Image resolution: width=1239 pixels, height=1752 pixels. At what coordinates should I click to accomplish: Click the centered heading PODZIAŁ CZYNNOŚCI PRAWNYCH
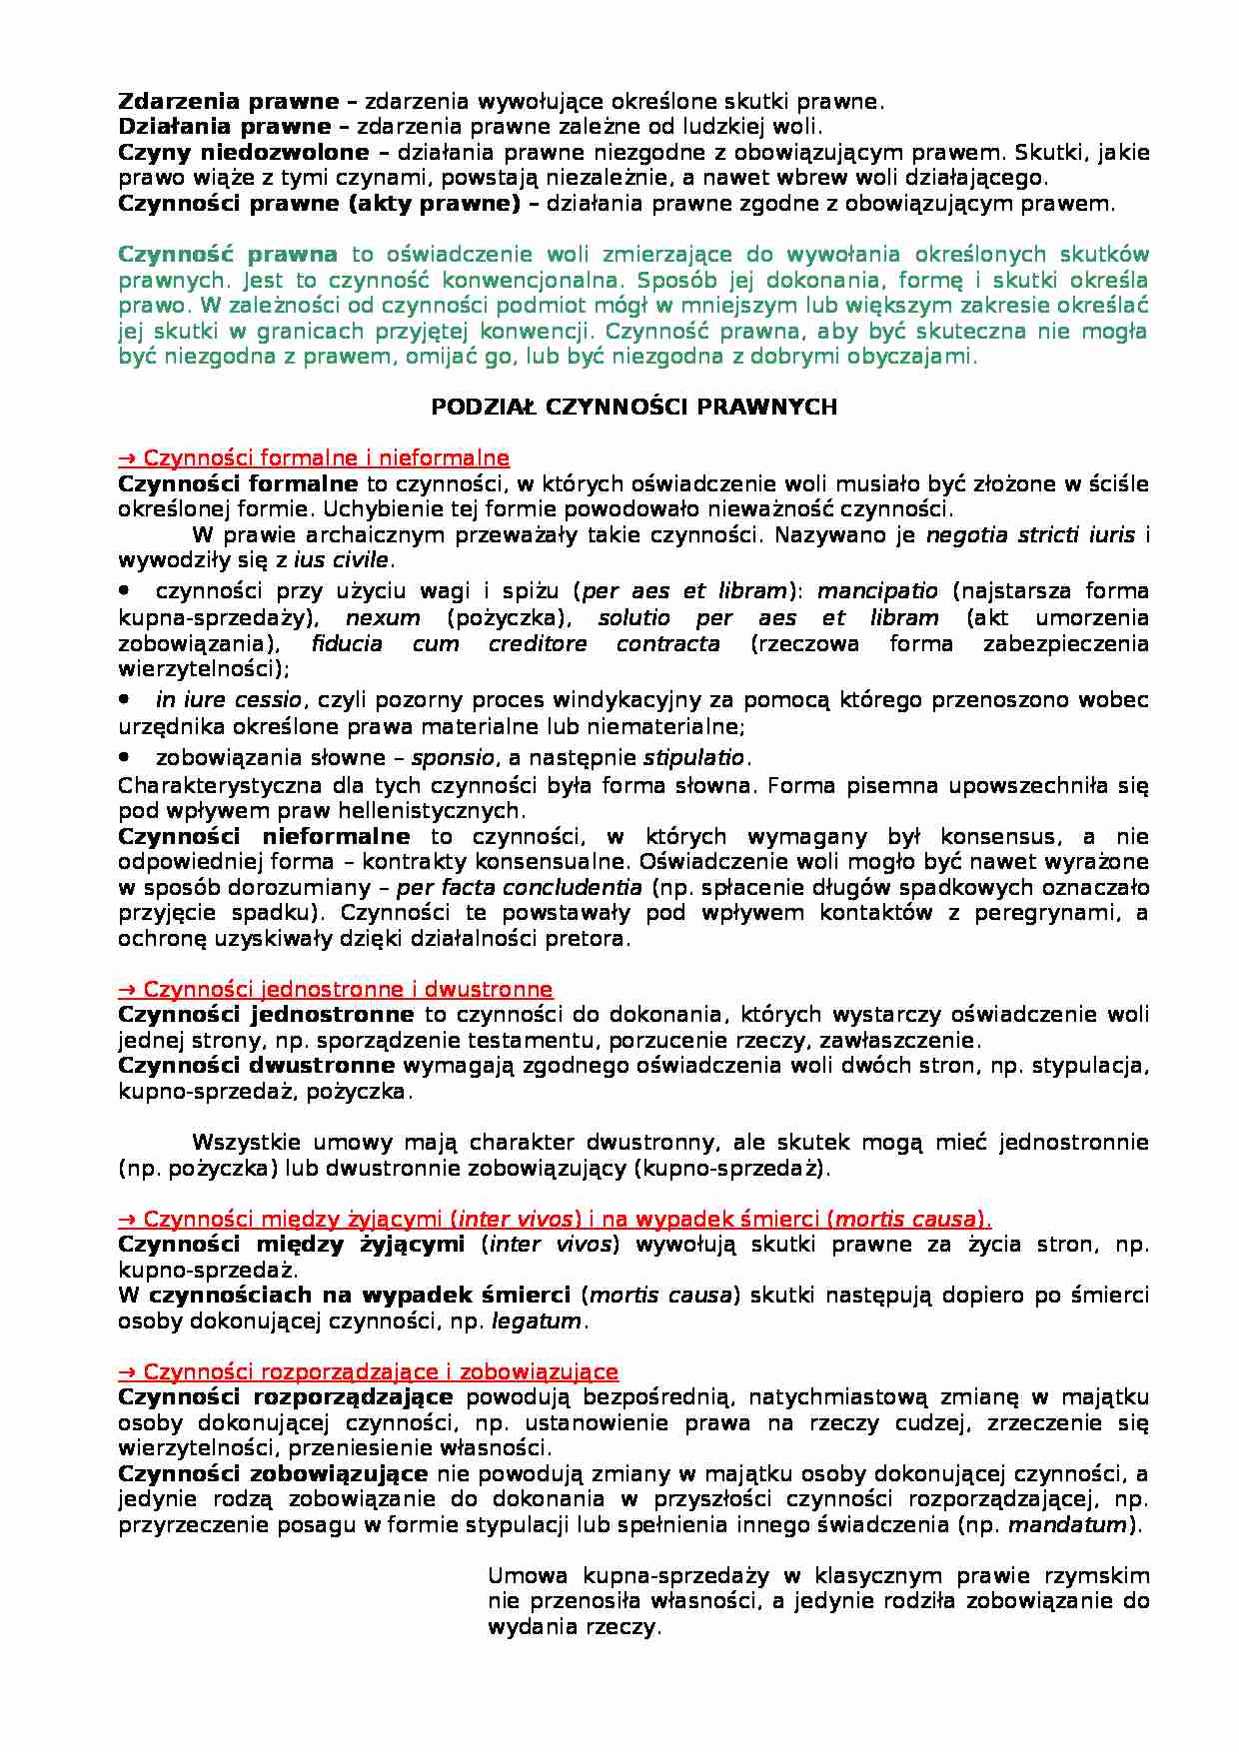(x=633, y=407)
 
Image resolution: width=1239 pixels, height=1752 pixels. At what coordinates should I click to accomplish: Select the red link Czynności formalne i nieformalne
(x=314, y=458)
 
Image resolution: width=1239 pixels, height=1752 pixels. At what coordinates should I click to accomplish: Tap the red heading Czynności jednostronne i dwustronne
(x=336, y=989)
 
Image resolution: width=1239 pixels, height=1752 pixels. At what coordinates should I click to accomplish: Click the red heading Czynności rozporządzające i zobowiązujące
(x=368, y=1371)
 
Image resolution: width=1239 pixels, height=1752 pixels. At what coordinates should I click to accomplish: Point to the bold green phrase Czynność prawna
(x=228, y=255)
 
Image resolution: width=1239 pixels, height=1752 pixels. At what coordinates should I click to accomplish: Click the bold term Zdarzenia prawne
(x=229, y=101)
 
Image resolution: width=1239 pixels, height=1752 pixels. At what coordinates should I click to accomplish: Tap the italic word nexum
(x=383, y=617)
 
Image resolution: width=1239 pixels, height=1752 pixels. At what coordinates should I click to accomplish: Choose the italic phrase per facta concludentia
(x=520, y=887)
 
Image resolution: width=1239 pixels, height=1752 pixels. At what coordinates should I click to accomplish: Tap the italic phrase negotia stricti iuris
(x=1030, y=534)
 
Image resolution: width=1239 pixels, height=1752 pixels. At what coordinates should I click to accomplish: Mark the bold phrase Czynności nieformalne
(x=264, y=836)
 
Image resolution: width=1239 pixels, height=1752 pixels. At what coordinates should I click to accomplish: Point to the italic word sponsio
(x=453, y=757)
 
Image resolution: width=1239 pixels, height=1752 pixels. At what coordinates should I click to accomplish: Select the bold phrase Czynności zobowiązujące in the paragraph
(x=273, y=1473)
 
